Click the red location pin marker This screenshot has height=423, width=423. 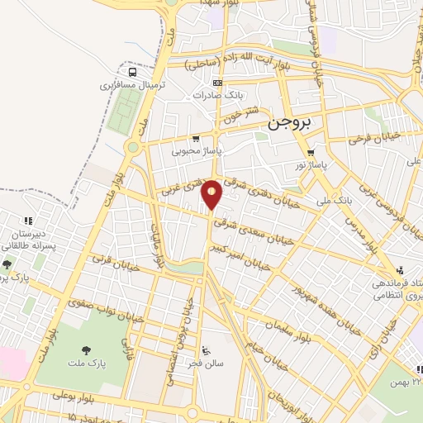[x=212, y=193]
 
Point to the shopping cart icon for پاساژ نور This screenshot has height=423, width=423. [x=310, y=153]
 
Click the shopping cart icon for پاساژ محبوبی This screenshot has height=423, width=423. [x=195, y=139]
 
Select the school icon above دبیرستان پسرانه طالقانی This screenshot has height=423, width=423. [x=27, y=221]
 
